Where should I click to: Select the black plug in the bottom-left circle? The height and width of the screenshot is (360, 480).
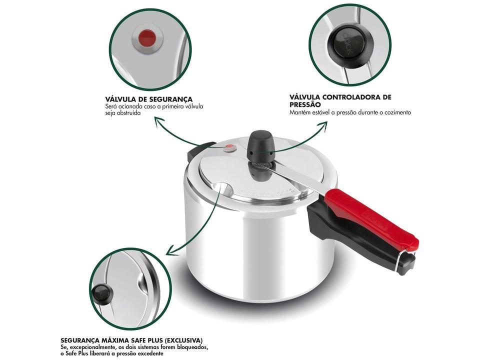(x=101, y=291)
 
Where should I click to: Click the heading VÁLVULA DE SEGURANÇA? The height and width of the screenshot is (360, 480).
(x=148, y=99)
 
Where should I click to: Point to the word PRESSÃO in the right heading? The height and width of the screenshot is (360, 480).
(x=305, y=104)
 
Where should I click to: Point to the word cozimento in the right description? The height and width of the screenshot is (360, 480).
(x=396, y=112)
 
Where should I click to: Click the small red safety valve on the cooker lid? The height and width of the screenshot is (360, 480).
(x=229, y=147)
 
